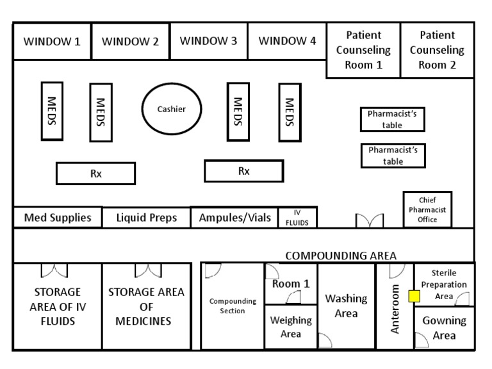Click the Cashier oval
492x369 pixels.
pyautogui.click(x=172, y=110)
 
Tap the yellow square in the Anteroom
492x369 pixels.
pyautogui.click(x=414, y=296)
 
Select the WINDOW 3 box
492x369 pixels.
pyautogui.click(x=209, y=42)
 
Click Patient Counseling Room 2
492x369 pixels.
pyautogui.click(x=438, y=50)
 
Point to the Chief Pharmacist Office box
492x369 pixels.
pyautogui.click(x=427, y=209)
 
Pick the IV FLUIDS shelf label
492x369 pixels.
pyautogui.click(x=297, y=218)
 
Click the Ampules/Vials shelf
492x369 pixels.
pyautogui.click(x=234, y=217)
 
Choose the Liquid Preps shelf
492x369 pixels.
pyautogui.click(x=146, y=217)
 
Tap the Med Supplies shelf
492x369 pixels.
pyautogui.click(x=58, y=217)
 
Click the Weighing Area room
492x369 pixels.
pyautogui.click(x=291, y=327)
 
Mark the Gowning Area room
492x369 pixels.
pyautogui.click(x=444, y=328)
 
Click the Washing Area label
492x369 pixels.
pyautogui.click(x=346, y=306)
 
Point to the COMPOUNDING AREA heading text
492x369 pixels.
pyautogui.click(x=341, y=255)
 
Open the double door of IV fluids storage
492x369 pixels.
pyautogui.click(x=54, y=270)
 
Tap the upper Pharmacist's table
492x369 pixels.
pyautogui.click(x=393, y=119)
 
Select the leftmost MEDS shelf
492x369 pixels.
pyautogui.click(x=52, y=111)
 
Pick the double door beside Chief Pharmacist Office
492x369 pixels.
pyautogui.click(x=370, y=220)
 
